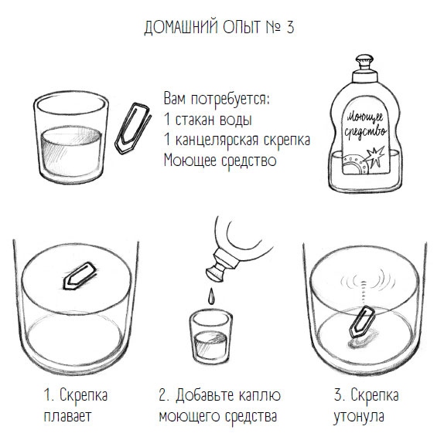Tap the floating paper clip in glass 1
click(x=80, y=276)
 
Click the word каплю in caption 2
click(x=256, y=396)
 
